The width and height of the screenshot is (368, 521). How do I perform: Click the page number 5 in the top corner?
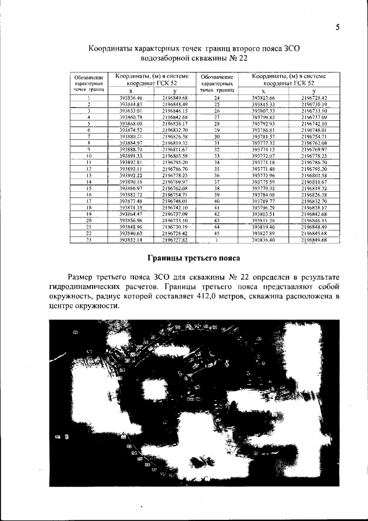click(338, 27)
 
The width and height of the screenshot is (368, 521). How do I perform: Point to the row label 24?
click(217, 98)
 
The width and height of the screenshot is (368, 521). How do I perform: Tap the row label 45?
click(217, 233)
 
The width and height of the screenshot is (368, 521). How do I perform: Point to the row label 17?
click(89, 201)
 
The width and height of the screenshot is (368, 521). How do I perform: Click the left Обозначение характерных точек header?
click(89, 83)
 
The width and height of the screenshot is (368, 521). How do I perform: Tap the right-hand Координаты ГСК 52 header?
click(289, 79)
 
